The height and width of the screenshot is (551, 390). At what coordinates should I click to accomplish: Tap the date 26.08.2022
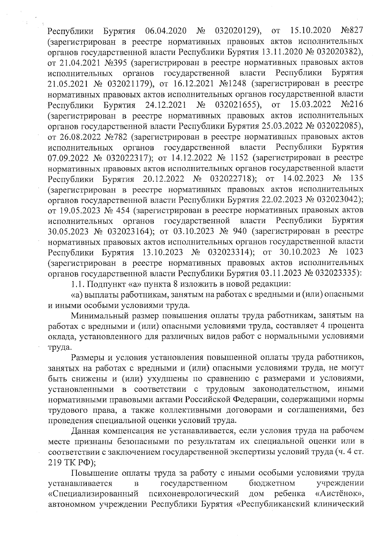click(x=79, y=137)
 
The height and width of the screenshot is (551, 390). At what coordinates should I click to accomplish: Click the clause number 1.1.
click(x=78, y=284)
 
